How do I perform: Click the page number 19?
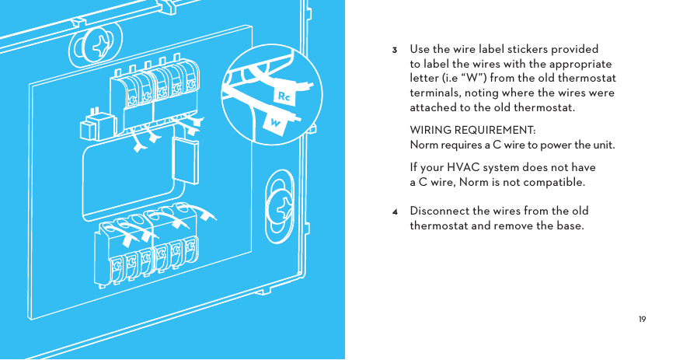[642, 320]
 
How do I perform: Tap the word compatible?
[552, 182]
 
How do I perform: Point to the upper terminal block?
[152, 94]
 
